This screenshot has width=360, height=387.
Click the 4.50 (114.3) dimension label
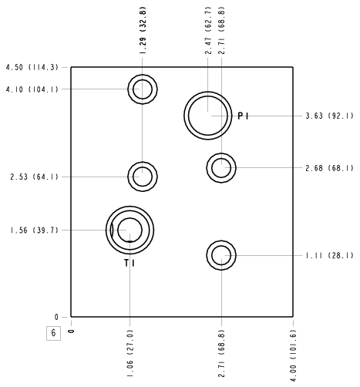[x=32, y=67]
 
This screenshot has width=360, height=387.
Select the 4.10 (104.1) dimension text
[x=32, y=89]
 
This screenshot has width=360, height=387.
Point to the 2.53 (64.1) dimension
[x=35, y=177]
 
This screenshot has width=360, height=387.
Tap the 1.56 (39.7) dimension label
[x=35, y=231]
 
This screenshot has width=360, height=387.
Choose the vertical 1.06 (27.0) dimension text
[x=130, y=354]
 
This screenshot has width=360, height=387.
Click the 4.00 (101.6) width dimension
[x=293, y=355]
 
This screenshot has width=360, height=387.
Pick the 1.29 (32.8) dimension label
[x=143, y=30]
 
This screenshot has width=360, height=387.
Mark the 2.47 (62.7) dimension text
[x=208, y=30]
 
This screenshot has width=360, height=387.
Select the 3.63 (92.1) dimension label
[x=329, y=116]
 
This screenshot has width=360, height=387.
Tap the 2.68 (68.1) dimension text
[x=329, y=168]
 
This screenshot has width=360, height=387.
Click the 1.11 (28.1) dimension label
[x=329, y=256]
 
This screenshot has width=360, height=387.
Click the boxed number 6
[x=53, y=333]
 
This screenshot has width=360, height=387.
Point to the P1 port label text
[x=243, y=116]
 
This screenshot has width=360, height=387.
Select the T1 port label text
[x=130, y=263]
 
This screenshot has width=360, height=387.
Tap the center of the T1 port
[x=130, y=230]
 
